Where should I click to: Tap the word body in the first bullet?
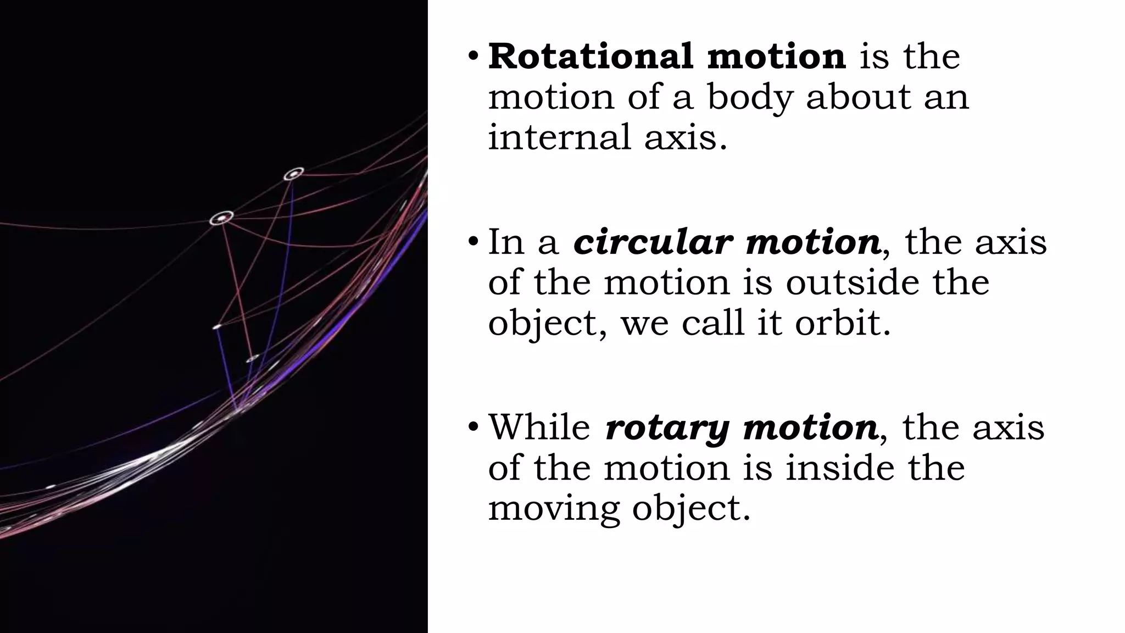(749, 97)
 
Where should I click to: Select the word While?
(539, 426)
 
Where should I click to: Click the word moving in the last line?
(554, 509)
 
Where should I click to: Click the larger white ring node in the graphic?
(221, 218)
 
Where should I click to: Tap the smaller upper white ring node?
(294, 174)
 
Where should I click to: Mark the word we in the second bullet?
(645, 323)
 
